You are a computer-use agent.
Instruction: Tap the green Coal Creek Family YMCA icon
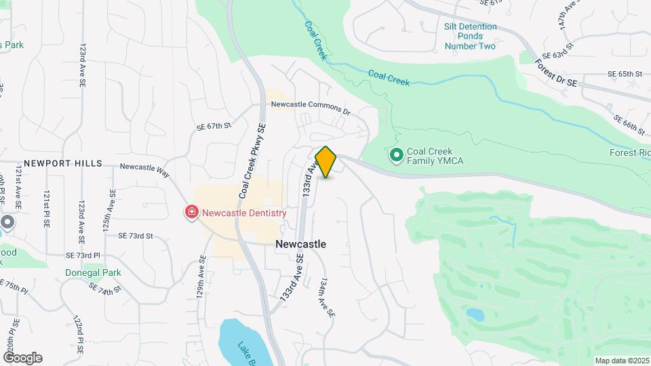tap(396, 156)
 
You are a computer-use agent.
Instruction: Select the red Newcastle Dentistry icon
tap(192, 213)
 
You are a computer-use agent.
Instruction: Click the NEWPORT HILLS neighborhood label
tap(62, 163)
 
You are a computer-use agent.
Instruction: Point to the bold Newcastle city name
tap(300, 244)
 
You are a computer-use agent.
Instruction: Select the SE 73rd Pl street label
tap(83, 255)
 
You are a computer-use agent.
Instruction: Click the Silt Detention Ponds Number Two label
tap(470, 37)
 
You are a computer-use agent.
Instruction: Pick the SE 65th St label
tap(625, 73)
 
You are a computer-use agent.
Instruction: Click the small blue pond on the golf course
tap(475, 314)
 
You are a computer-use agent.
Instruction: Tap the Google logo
tap(22, 358)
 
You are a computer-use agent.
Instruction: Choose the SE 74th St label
tap(105, 287)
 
